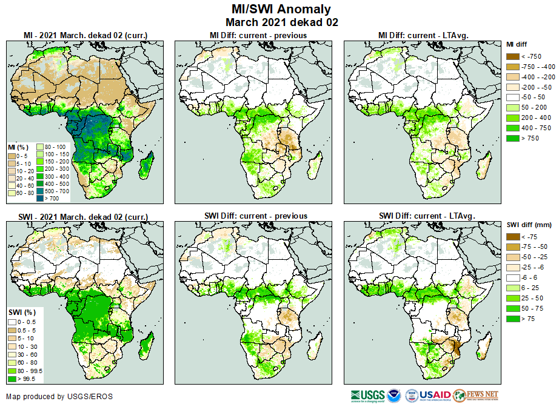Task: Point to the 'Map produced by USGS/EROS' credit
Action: (x=59, y=397)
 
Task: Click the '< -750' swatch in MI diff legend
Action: (x=514, y=56)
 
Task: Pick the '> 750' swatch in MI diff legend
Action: (x=514, y=139)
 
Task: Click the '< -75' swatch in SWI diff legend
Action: (x=514, y=237)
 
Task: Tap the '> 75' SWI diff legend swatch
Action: (x=514, y=318)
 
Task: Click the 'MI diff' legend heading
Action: (x=518, y=44)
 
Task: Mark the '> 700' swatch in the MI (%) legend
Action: (x=41, y=197)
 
